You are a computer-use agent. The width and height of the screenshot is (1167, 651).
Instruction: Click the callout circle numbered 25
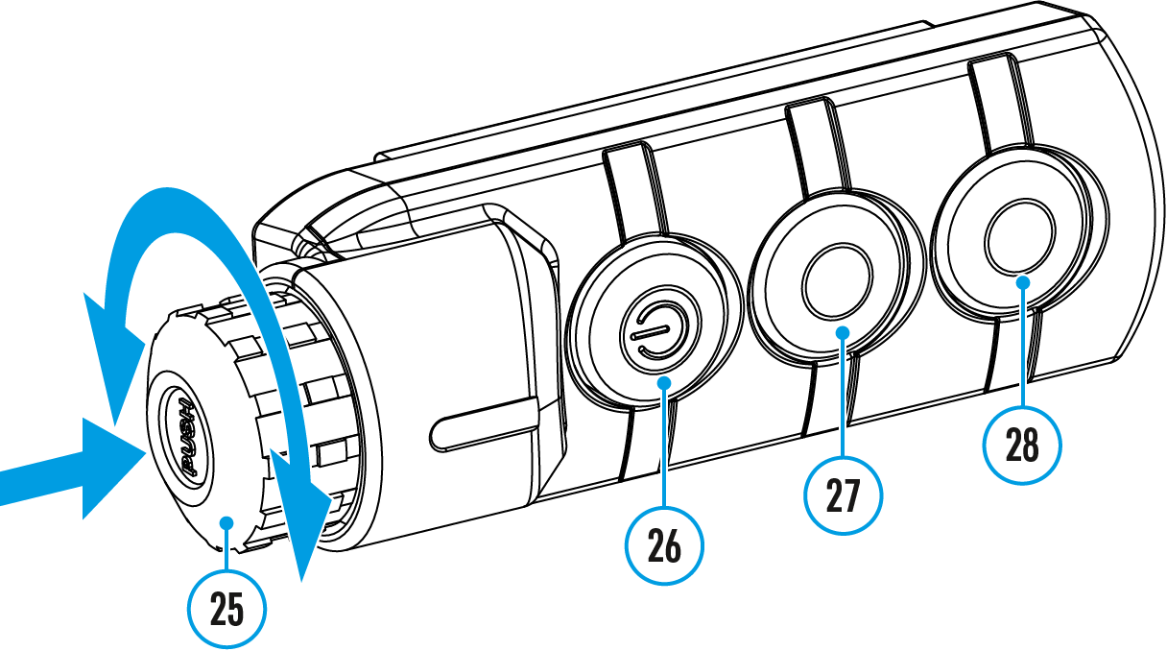coord(226,610)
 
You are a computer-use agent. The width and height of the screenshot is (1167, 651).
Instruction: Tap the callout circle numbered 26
coord(664,546)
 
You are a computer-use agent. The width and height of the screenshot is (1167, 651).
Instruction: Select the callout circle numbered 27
coord(842,494)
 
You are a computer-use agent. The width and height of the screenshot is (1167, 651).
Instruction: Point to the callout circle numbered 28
coord(1023,445)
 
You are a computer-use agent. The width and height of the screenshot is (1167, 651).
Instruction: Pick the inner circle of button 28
coord(1019,236)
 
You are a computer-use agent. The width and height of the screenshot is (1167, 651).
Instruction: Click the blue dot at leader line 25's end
coord(226,521)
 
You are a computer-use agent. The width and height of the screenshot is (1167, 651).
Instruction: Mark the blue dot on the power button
coord(665,384)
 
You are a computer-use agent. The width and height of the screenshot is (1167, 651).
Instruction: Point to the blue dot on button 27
coord(843,332)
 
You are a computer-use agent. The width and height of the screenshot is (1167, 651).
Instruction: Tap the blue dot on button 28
coord(1023,281)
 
